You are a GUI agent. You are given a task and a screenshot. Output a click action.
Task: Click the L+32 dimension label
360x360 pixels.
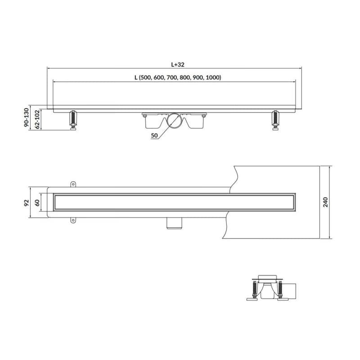click(178, 64)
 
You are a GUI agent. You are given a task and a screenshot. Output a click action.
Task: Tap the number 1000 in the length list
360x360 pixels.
click(213, 77)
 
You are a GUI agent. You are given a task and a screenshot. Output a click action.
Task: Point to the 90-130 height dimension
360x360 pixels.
click(27, 117)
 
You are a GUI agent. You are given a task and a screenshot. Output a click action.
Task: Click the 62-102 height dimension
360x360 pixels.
click(37, 119)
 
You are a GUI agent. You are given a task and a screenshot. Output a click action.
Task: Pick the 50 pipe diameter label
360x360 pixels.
click(154, 135)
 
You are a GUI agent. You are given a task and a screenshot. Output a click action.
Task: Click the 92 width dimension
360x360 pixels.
click(27, 203)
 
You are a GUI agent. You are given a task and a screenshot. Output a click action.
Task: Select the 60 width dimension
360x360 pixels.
click(37, 203)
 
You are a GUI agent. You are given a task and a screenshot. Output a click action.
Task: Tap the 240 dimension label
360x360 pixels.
click(325, 202)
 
